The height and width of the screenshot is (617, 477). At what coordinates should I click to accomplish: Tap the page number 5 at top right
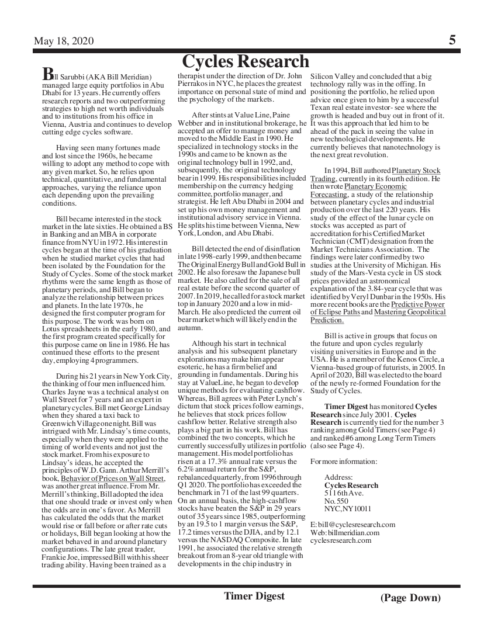click(452, 40)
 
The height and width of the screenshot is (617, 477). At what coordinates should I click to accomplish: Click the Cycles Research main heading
click(245, 61)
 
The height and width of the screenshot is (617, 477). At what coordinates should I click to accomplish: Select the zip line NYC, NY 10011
click(348, 508)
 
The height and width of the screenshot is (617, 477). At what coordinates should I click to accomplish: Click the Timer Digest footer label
click(254, 595)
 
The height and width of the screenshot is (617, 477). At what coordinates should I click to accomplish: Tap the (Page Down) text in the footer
click(410, 597)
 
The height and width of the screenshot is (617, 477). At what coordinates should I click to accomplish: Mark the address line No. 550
click(336, 501)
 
